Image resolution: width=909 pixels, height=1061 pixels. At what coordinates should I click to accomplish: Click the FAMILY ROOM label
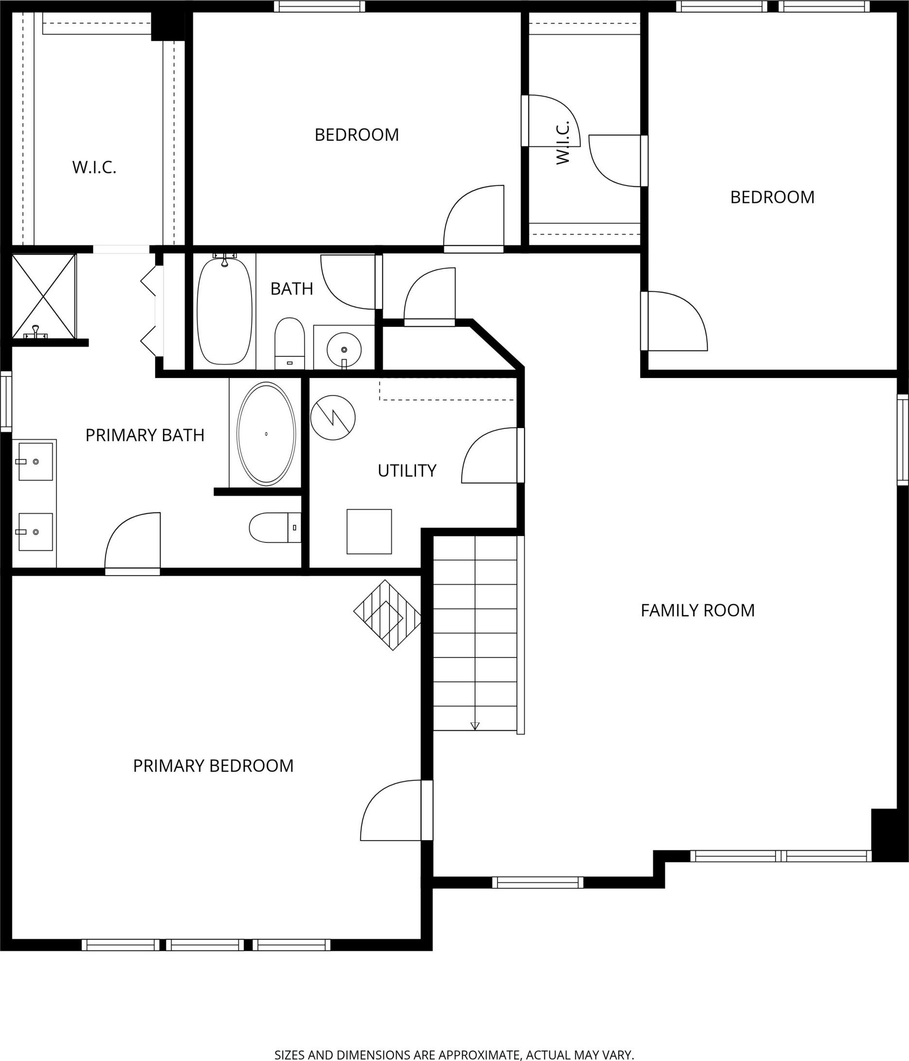(x=697, y=611)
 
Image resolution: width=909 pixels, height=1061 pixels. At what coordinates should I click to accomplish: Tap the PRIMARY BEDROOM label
(x=213, y=766)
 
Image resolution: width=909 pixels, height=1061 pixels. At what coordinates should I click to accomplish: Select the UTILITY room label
(x=407, y=470)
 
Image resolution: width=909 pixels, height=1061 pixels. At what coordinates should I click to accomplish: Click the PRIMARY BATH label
(x=145, y=435)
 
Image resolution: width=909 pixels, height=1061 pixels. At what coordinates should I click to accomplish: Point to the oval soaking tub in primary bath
(x=266, y=434)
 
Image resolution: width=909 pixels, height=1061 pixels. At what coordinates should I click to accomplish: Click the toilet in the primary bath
(x=275, y=527)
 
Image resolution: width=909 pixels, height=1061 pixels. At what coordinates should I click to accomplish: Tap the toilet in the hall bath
(x=290, y=343)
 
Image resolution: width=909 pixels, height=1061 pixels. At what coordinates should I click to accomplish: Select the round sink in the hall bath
(x=344, y=350)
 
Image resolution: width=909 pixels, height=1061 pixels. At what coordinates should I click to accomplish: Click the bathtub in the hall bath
(x=225, y=311)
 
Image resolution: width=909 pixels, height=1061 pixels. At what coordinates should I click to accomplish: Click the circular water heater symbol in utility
(x=333, y=417)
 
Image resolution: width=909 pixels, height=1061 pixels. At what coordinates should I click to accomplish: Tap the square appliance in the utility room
(x=369, y=532)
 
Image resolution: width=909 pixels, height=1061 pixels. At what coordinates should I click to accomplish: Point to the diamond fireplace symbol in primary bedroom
(x=388, y=615)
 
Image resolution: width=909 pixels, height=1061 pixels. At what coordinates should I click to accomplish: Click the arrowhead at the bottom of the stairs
(x=475, y=726)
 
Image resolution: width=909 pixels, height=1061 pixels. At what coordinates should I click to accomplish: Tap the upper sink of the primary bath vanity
(x=36, y=461)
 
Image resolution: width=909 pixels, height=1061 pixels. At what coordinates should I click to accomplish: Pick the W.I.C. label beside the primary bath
(x=94, y=167)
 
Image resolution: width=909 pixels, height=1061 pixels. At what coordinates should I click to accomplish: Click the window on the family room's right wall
(x=902, y=440)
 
